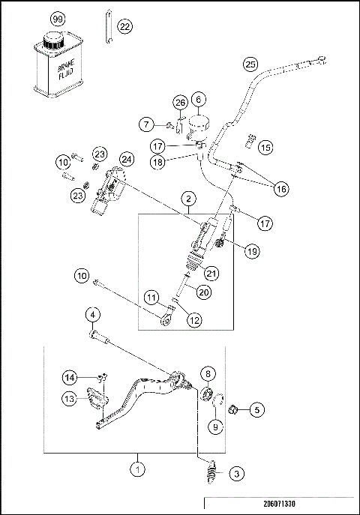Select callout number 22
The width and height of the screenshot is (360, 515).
(x=124, y=27)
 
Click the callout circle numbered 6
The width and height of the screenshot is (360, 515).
(x=198, y=99)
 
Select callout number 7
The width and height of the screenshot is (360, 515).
(x=147, y=123)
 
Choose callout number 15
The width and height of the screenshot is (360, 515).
(x=265, y=148)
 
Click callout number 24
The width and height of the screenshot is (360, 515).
(x=126, y=159)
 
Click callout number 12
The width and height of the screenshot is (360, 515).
(x=194, y=319)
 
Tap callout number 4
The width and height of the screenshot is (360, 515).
(x=91, y=314)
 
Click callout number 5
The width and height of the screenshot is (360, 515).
(x=257, y=410)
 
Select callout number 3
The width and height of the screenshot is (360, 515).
(x=235, y=473)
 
